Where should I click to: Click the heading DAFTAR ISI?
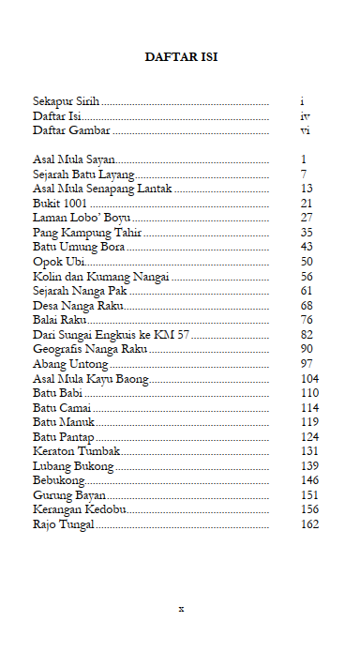(x=181, y=57)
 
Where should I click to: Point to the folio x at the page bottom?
(x=181, y=608)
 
